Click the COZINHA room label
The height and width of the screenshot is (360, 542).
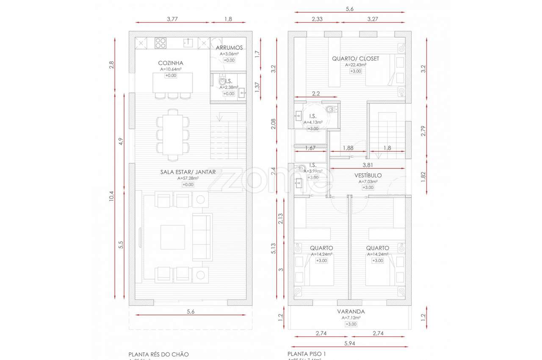[x=171, y=63]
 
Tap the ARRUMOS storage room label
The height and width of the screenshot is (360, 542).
[x=229, y=48]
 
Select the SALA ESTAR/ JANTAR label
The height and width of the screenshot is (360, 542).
[x=188, y=172]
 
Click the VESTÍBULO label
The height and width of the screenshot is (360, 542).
[x=368, y=175]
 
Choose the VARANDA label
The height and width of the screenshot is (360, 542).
[x=351, y=311]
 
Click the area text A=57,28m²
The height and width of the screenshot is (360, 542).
[x=188, y=178]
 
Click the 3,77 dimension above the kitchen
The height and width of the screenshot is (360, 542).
[x=172, y=19]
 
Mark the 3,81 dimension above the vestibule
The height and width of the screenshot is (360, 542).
[x=368, y=165]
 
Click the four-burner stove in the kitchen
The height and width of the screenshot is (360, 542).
[x=160, y=42]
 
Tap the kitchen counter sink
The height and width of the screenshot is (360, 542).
[x=188, y=42]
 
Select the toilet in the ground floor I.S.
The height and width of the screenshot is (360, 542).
[x=222, y=80]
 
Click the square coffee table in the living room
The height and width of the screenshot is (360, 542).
[x=172, y=237]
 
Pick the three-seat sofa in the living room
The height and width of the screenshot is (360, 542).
[x=202, y=237]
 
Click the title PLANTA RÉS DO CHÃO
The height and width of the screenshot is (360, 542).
[x=158, y=354]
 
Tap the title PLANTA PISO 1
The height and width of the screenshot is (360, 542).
[x=307, y=354]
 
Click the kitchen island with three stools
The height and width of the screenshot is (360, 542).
[x=173, y=82]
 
